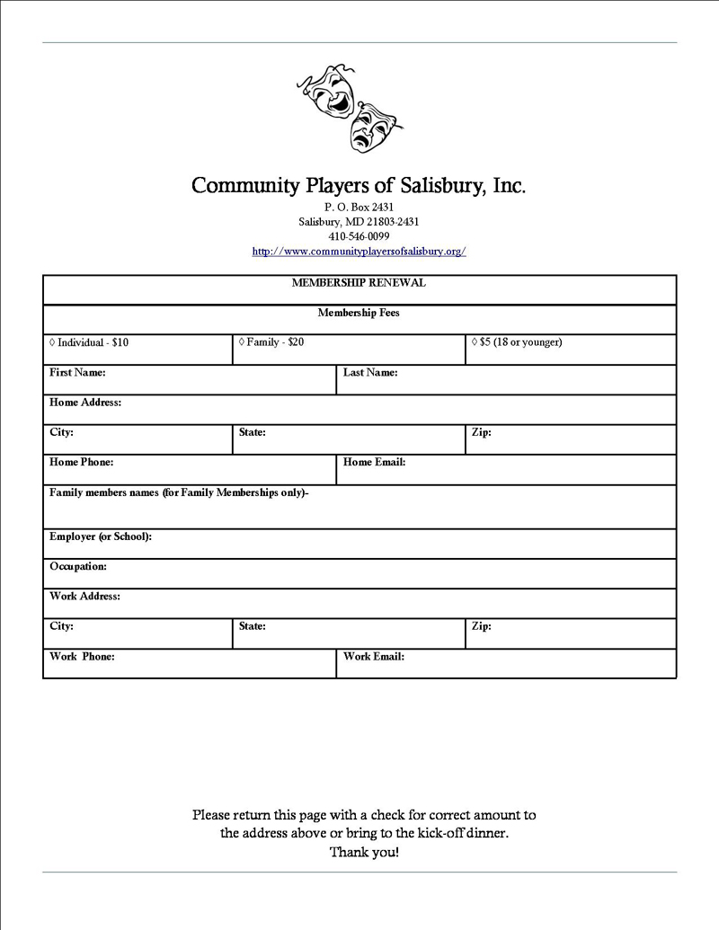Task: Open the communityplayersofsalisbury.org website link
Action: [359, 252]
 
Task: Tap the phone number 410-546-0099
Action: [359, 236]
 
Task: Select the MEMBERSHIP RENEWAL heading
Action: [359, 283]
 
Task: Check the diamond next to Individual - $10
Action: [52, 342]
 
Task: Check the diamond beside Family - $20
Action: [242, 342]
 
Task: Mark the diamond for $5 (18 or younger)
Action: [475, 342]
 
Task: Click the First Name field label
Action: [77, 372]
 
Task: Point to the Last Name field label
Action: [370, 372]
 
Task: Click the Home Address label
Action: [85, 403]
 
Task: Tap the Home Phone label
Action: [81, 462]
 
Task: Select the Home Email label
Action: [375, 462]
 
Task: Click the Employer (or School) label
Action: [101, 536]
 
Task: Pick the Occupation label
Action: [78, 566]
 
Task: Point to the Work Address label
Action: [84, 596]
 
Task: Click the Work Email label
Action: [374, 656]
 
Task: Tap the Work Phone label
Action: [82, 656]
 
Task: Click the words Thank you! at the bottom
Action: [364, 852]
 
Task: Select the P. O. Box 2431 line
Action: [359, 207]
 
